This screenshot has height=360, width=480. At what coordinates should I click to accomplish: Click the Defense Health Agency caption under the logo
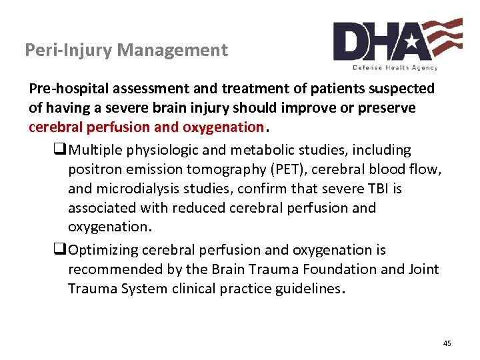pos(395,67)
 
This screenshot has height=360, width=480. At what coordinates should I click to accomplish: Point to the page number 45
pos(447,343)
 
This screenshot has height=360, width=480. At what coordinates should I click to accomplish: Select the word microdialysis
pos(137,189)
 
